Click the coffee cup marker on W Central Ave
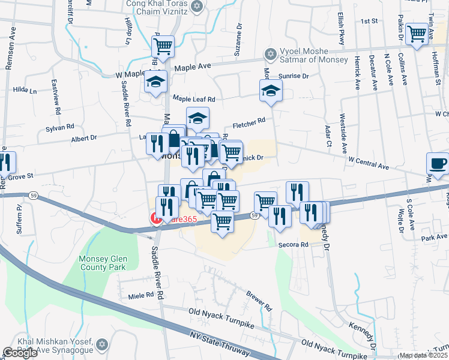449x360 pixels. [x=437, y=163]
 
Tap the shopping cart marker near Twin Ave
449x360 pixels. [x=416, y=34]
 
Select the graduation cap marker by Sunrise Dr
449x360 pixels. [x=271, y=91]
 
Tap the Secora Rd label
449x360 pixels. [x=293, y=245]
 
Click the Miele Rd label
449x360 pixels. [x=142, y=296]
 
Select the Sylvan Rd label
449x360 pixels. [x=62, y=127]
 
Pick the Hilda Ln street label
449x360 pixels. [x=25, y=91]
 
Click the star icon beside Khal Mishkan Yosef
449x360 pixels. [x=101, y=345]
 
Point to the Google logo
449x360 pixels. [x=20, y=353]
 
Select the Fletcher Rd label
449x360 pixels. [x=249, y=121]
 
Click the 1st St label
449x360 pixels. [x=368, y=21]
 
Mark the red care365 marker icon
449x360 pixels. [x=156, y=218]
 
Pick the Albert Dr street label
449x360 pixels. [x=84, y=139]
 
